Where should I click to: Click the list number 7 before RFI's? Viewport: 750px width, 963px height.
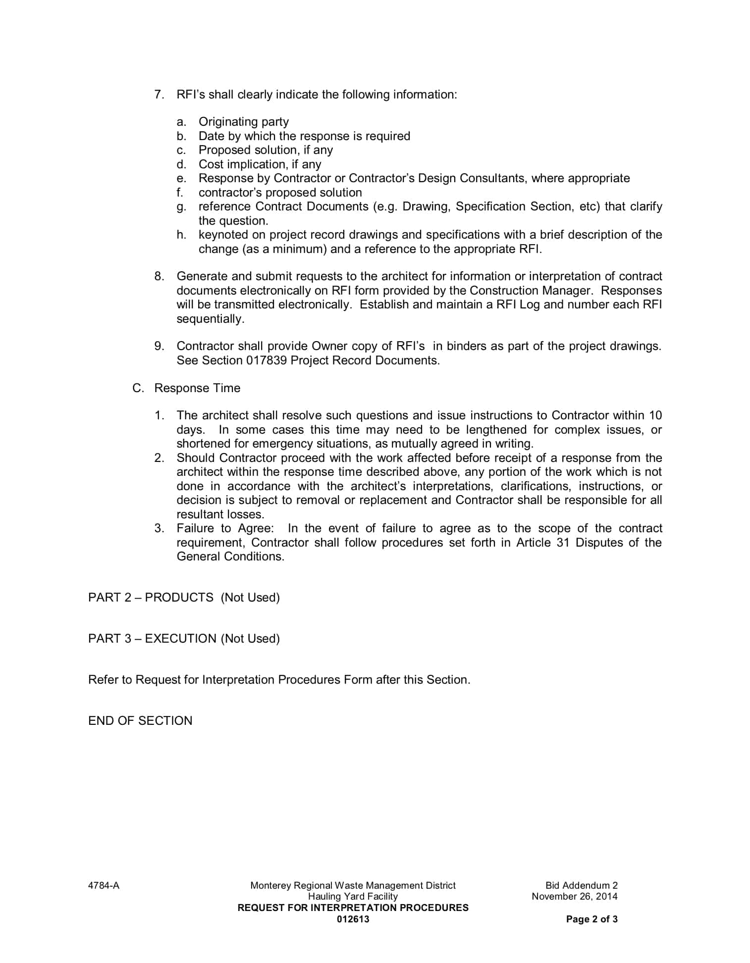[159, 95]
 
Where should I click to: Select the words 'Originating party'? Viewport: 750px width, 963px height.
[243, 122]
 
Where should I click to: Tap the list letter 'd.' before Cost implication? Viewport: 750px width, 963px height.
[181, 164]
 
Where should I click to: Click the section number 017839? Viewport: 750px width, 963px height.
[266, 360]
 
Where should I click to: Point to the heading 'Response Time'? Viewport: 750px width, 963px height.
[197, 388]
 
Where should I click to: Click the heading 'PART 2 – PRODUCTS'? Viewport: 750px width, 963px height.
[151, 598]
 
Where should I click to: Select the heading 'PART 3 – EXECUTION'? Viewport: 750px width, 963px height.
[152, 639]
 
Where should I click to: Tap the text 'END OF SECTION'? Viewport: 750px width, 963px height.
[140, 721]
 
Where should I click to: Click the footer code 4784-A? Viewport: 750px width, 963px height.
[104, 886]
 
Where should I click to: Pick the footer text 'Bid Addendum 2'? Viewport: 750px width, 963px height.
[581, 886]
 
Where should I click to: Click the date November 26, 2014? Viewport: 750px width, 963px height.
[574, 897]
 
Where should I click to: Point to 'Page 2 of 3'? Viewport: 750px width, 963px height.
[591, 919]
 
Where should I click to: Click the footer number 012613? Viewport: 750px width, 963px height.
[353, 919]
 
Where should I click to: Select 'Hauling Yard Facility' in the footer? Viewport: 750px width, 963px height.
[353, 897]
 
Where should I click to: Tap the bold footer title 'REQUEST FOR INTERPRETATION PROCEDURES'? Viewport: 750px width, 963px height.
[353, 908]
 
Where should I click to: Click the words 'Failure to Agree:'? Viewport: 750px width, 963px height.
[225, 529]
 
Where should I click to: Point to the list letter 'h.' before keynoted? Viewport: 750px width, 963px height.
[181, 235]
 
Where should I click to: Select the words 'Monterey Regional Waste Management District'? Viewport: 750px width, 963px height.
[353, 886]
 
